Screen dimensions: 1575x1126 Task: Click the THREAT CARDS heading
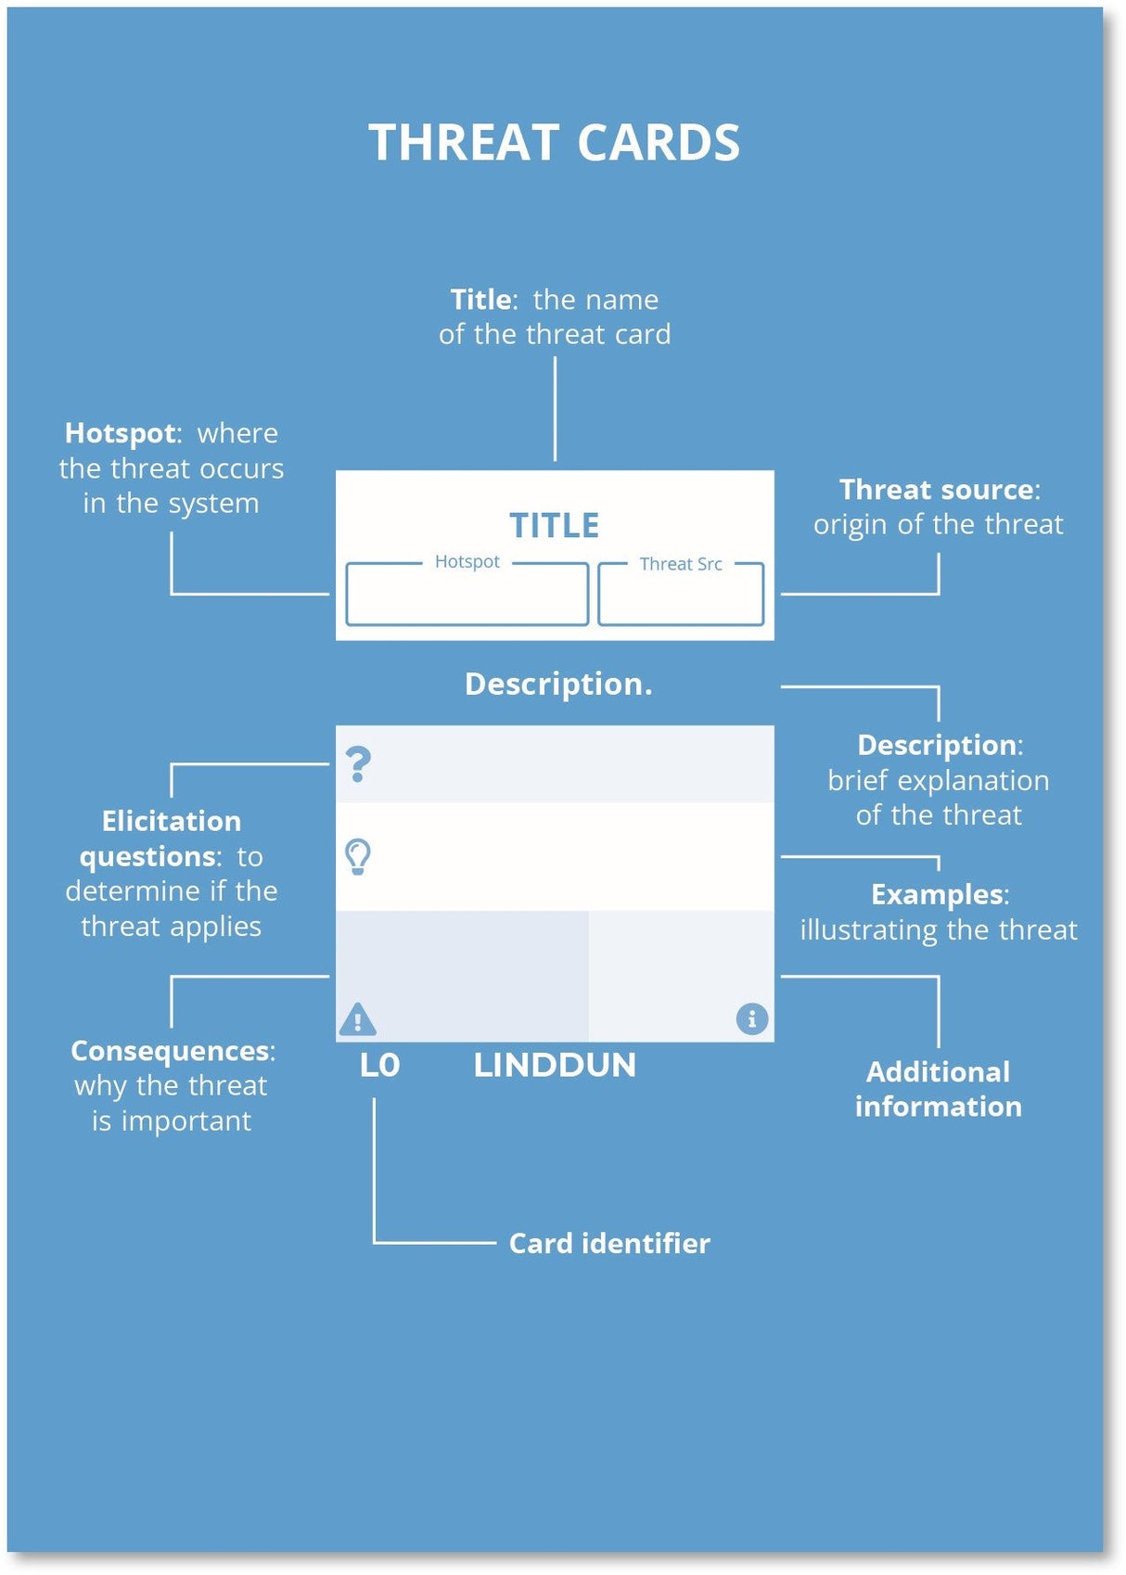pos(554,143)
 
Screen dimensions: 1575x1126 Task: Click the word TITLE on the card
pos(554,525)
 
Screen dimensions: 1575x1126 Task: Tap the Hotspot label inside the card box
pos(467,561)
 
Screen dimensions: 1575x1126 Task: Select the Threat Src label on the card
pos(680,564)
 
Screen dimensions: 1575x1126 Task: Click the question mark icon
pos(358,764)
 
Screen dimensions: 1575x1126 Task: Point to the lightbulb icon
pos(358,856)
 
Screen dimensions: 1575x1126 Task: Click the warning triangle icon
pos(357,1019)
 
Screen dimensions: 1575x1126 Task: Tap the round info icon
pos(751,1018)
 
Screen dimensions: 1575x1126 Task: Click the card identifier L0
pos(379,1065)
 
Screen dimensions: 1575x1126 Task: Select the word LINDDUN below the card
pos(554,1065)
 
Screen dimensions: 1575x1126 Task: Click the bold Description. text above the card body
pos(558,684)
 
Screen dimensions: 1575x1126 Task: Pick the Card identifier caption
pos(609,1243)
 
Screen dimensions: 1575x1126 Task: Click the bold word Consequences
pos(171,1051)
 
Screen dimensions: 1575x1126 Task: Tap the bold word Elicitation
pos(172,821)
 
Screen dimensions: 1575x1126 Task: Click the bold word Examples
pos(938,894)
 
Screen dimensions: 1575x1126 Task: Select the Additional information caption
pos(938,1089)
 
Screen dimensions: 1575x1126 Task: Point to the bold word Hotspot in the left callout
pos(120,433)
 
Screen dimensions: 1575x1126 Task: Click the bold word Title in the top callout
pos(480,300)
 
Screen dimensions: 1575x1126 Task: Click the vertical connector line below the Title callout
pos(555,408)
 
